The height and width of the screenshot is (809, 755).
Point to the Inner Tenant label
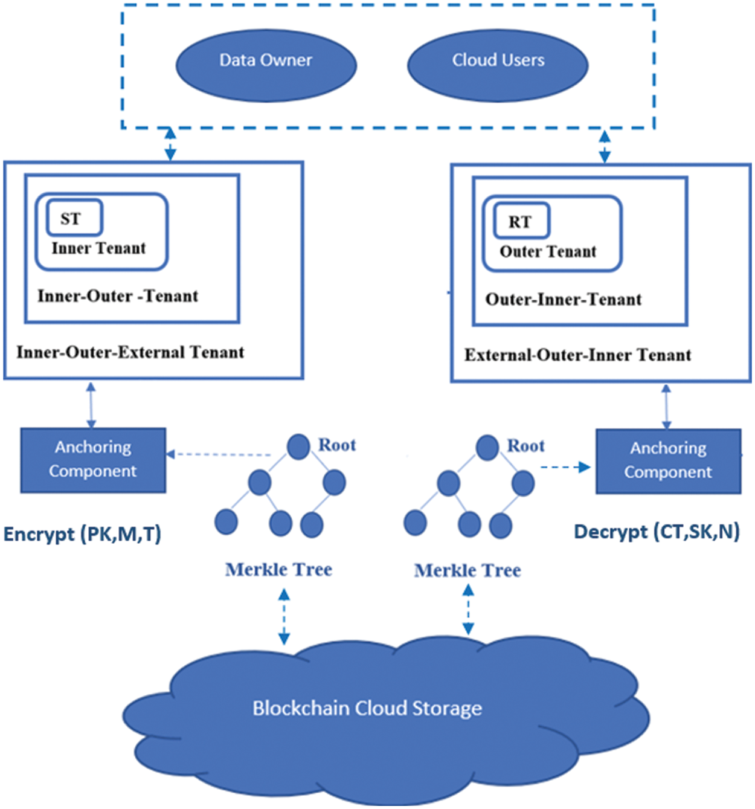point(98,248)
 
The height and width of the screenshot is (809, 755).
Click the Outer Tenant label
point(548,252)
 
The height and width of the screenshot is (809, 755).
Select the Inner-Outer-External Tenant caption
point(130,352)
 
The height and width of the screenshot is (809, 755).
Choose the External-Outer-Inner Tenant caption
point(577,355)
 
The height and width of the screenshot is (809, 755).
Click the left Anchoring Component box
point(93,460)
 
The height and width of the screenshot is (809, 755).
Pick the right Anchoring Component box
point(668,461)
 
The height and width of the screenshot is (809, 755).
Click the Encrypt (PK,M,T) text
point(82,534)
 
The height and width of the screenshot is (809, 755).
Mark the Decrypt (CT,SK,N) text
point(657,532)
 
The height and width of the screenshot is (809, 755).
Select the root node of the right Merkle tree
point(487,448)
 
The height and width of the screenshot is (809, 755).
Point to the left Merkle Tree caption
point(278,570)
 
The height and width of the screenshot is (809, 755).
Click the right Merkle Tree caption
point(467,570)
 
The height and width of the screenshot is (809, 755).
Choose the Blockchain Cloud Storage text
point(367,708)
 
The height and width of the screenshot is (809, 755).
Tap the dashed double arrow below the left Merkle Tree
point(284,616)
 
